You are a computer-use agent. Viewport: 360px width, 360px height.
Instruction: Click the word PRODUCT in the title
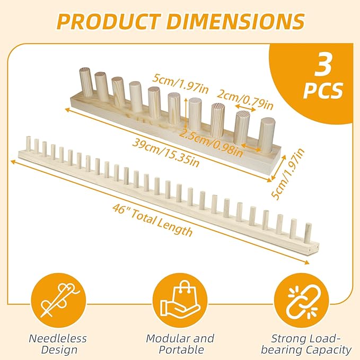pos(109,21)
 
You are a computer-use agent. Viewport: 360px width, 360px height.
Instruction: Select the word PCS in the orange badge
pos(323,91)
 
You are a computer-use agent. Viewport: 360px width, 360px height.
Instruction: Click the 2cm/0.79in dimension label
pos(245,99)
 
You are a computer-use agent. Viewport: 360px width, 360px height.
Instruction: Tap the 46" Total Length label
pos(152,221)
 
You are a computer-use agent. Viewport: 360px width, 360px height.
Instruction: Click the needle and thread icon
pos(58,300)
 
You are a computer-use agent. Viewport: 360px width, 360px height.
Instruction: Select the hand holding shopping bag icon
pos(180,300)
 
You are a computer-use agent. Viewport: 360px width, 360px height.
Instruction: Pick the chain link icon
pos(302,300)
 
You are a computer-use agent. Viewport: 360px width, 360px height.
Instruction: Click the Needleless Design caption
pos(58,344)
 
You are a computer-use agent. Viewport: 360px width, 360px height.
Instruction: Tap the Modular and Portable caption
pos(180,344)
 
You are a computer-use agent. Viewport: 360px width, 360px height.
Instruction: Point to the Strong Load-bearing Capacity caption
pos(306,344)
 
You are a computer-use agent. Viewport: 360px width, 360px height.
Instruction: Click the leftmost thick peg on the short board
pos(86,82)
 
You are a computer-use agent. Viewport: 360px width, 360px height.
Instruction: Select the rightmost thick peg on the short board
pos(266,135)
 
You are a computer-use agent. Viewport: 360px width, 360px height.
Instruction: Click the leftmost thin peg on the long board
pos(29,144)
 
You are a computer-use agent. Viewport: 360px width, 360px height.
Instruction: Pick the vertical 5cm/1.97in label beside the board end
pos(288,174)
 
